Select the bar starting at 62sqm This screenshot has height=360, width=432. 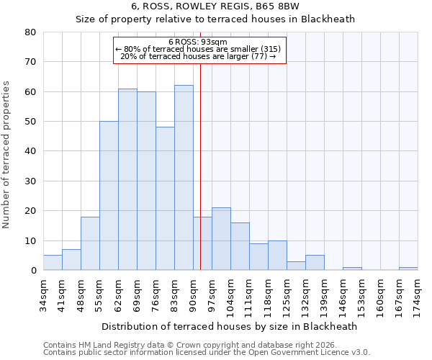(127, 179)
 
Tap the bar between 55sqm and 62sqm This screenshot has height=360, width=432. (109, 196)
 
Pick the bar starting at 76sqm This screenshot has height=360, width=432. (165, 199)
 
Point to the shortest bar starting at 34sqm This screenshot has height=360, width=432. (53, 263)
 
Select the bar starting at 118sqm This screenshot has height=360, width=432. (277, 256)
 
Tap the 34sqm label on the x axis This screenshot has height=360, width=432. (43, 292)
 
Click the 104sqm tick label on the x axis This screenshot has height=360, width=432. (230, 294)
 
